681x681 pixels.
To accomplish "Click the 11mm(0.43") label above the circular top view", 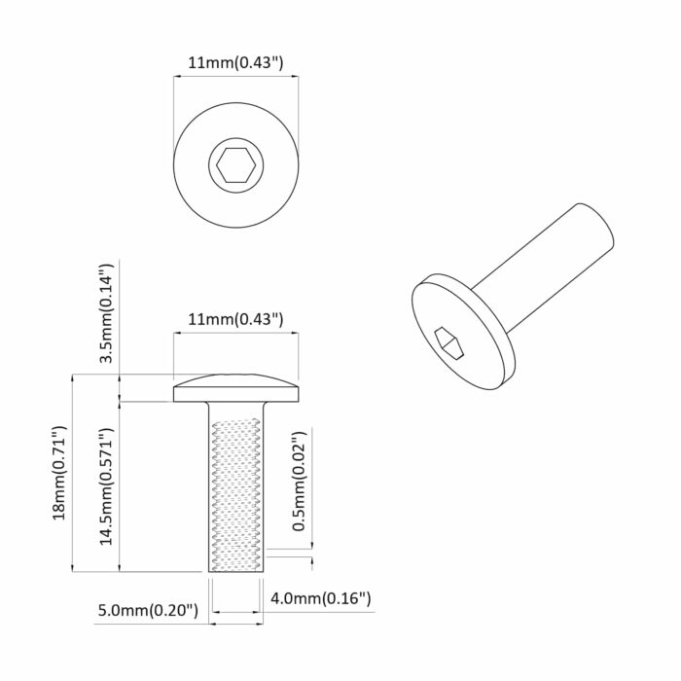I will (234, 63).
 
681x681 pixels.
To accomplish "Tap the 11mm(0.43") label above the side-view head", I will (234, 318).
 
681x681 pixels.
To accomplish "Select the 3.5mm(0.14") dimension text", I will (110, 313).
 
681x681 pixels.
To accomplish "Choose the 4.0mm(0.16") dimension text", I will (321, 597).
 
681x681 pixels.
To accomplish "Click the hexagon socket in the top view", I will (236, 165).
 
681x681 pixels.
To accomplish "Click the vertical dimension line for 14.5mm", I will (119, 486).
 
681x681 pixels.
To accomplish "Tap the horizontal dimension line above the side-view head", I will (234, 333).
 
